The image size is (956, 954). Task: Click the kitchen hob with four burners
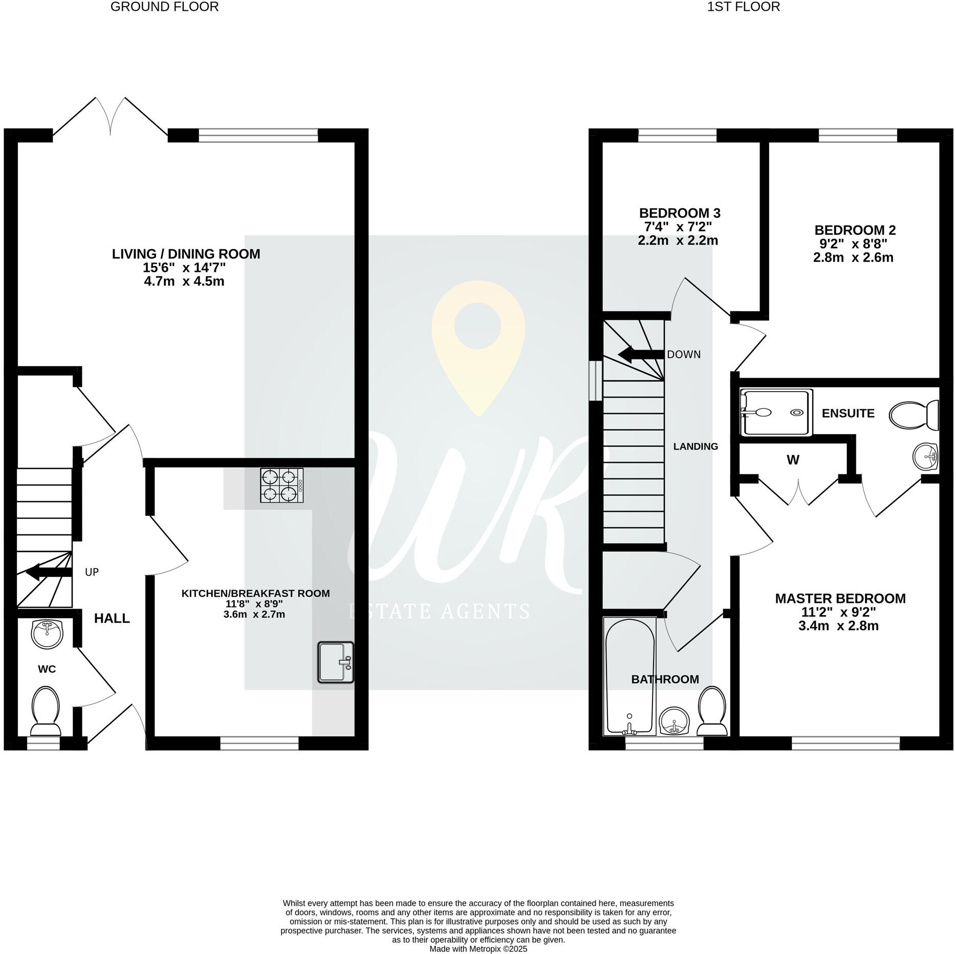pos(282,485)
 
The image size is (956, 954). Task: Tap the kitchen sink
pos(335,662)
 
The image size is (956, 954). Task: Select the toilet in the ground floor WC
pos(46,712)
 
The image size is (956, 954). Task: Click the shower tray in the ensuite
pos(776,413)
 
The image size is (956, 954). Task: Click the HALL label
pos(112,618)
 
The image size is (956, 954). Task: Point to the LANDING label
pos(695,446)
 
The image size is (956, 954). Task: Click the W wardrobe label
pos(792,460)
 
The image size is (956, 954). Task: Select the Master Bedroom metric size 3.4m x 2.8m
pos(838,625)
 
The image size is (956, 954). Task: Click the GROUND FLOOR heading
pos(164,7)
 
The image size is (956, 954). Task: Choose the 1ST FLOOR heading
pos(743,7)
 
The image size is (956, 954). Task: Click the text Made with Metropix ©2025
pos(478,948)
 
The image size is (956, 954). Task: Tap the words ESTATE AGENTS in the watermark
pos(439,611)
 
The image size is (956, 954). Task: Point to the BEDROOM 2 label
pos(855,230)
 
